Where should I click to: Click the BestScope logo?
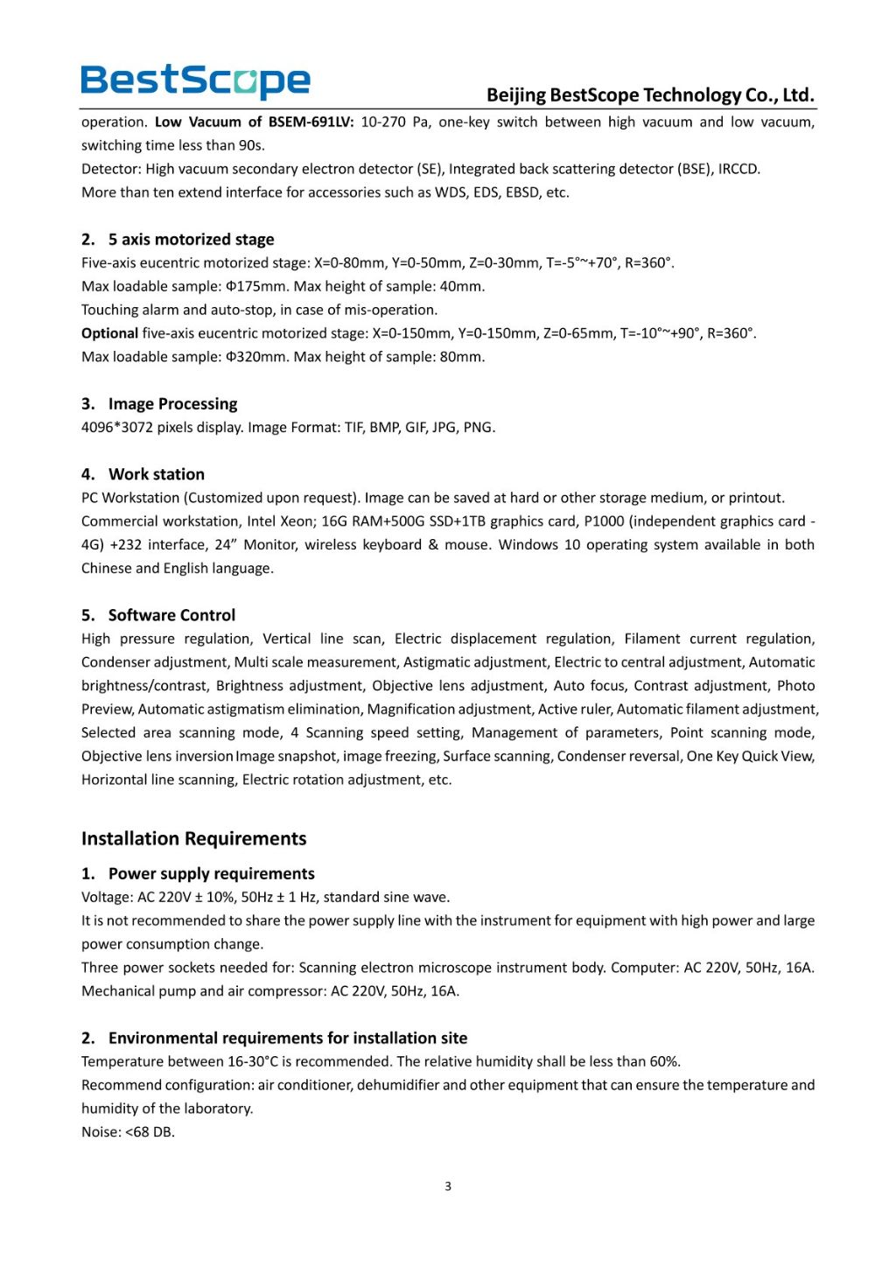pyautogui.click(x=195, y=81)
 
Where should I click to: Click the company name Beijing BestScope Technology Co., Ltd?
pyautogui.click(x=650, y=94)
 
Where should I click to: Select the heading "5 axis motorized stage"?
pyautogui.click(x=191, y=240)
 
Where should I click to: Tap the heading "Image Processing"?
pyautogui.click(x=172, y=404)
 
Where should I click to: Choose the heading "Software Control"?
pyautogui.click(x=171, y=615)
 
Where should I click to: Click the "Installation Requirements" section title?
pyautogui.click(x=193, y=839)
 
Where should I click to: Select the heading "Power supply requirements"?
pyautogui.click(x=211, y=874)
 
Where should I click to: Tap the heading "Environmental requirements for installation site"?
pyautogui.click(x=287, y=1039)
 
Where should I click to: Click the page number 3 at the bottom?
pyautogui.click(x=448, y=1186)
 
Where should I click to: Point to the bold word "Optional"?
pyautogui.click(x=109, y=333)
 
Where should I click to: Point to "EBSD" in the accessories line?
pyautogui.click(x=522, y=192)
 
